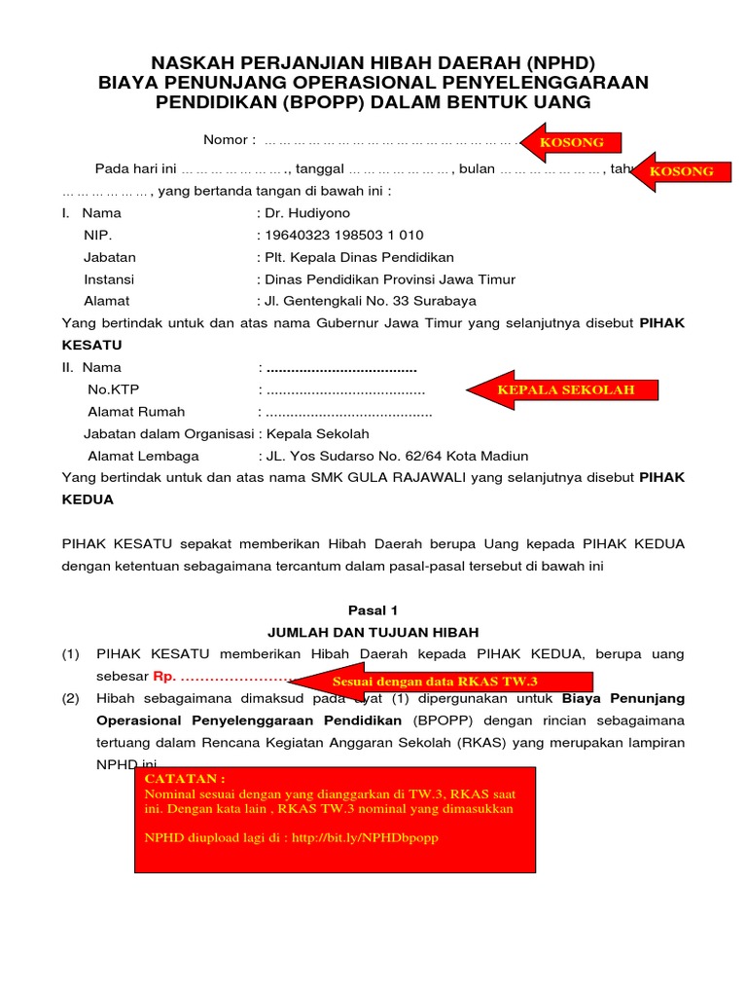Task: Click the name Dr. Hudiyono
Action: [x=306, y=213]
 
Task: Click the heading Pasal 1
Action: [x=373, y=610]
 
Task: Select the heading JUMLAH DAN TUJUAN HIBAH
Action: [x=373, y=633]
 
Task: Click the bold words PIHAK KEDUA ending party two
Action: [x=88, y=499]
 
